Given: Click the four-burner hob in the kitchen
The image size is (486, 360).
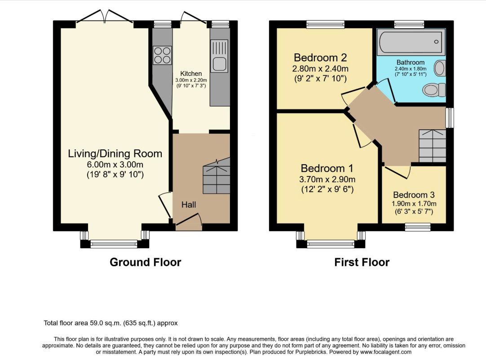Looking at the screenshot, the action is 162,55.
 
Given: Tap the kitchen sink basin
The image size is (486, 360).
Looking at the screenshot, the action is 220,64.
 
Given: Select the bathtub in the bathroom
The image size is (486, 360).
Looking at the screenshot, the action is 411,42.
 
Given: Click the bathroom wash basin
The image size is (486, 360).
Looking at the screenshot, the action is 439,69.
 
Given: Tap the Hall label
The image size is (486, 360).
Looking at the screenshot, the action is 189,205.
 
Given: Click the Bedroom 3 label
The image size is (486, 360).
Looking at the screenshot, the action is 414,195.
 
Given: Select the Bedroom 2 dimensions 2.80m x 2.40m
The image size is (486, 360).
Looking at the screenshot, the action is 320,69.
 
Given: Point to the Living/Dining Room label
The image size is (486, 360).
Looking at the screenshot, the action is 115,154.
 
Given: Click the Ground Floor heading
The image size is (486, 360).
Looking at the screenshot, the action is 146,263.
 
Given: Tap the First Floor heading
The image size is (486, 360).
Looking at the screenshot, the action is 362,263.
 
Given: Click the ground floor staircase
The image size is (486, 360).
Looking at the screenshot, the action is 216,176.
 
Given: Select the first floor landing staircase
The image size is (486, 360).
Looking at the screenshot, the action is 433,145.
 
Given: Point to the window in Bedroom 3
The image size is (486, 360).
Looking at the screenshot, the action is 418,227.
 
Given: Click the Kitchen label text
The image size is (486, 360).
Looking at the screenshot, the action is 191,74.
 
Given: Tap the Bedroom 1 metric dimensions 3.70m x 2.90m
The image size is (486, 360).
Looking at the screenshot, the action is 327,180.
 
